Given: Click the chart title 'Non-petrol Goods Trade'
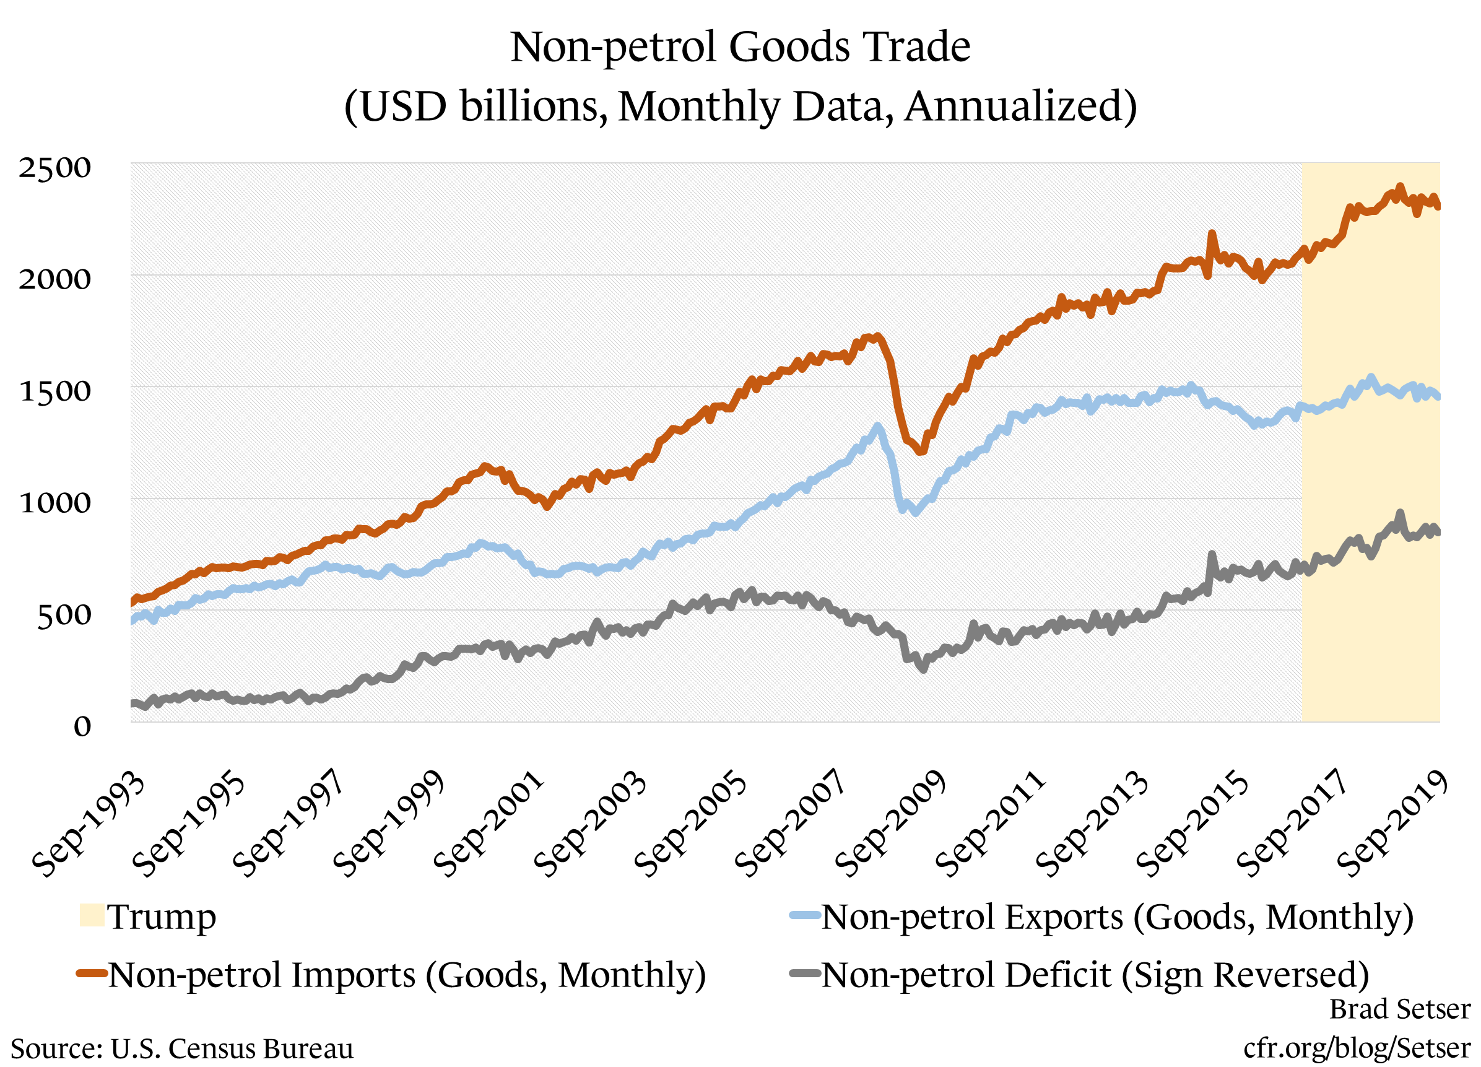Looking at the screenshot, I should [x=740, y=47].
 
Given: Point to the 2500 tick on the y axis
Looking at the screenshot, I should [x=55, y=167].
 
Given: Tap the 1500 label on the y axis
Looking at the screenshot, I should [x=55, y=391].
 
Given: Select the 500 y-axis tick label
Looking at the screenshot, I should [x=63, y=615].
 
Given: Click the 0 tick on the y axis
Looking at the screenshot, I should [x=82, y=726].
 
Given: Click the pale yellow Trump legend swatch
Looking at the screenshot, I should [x=92, y=915].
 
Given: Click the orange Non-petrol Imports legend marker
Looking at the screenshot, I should [x=92, y=973].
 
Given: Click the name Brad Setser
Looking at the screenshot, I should [x=1400, y=1009].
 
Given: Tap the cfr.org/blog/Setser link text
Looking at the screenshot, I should [x=1357, y=1047].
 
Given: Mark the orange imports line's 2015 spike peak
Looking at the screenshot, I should [x=1211, y=233].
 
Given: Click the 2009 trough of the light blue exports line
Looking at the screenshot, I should [x=916, y=513].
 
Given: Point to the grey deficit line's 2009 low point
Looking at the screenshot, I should [x=923, y=669].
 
